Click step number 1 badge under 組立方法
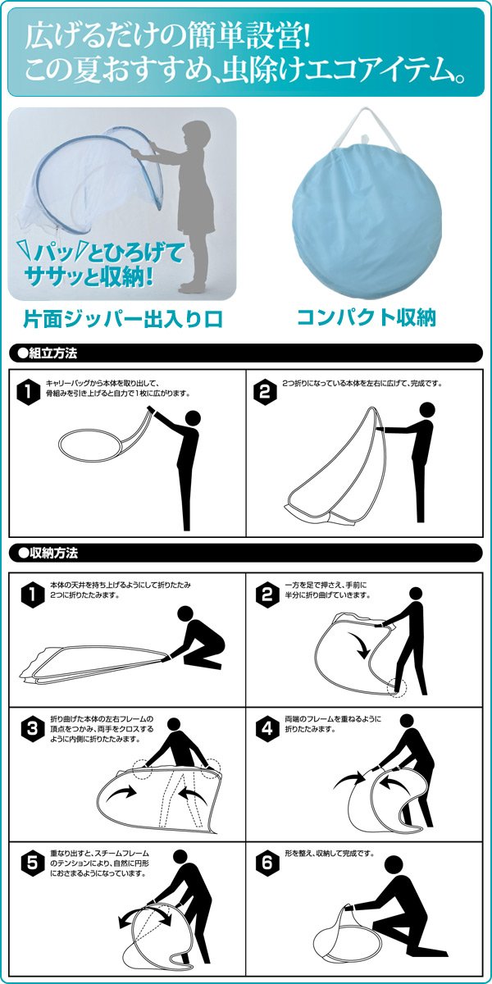point(29,391)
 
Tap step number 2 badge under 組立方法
point(264,391)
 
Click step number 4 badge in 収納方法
point(264,727)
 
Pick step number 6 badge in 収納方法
point(264,863)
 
